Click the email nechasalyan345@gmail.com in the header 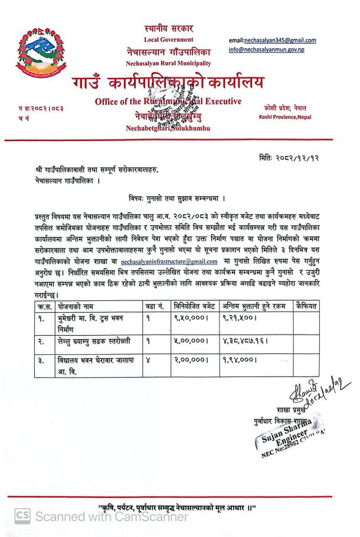[x=272, y=40]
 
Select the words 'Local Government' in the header [x=168, y=40]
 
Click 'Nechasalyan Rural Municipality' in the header [x=168, y=63]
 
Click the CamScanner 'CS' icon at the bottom [x=22, y=516]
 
